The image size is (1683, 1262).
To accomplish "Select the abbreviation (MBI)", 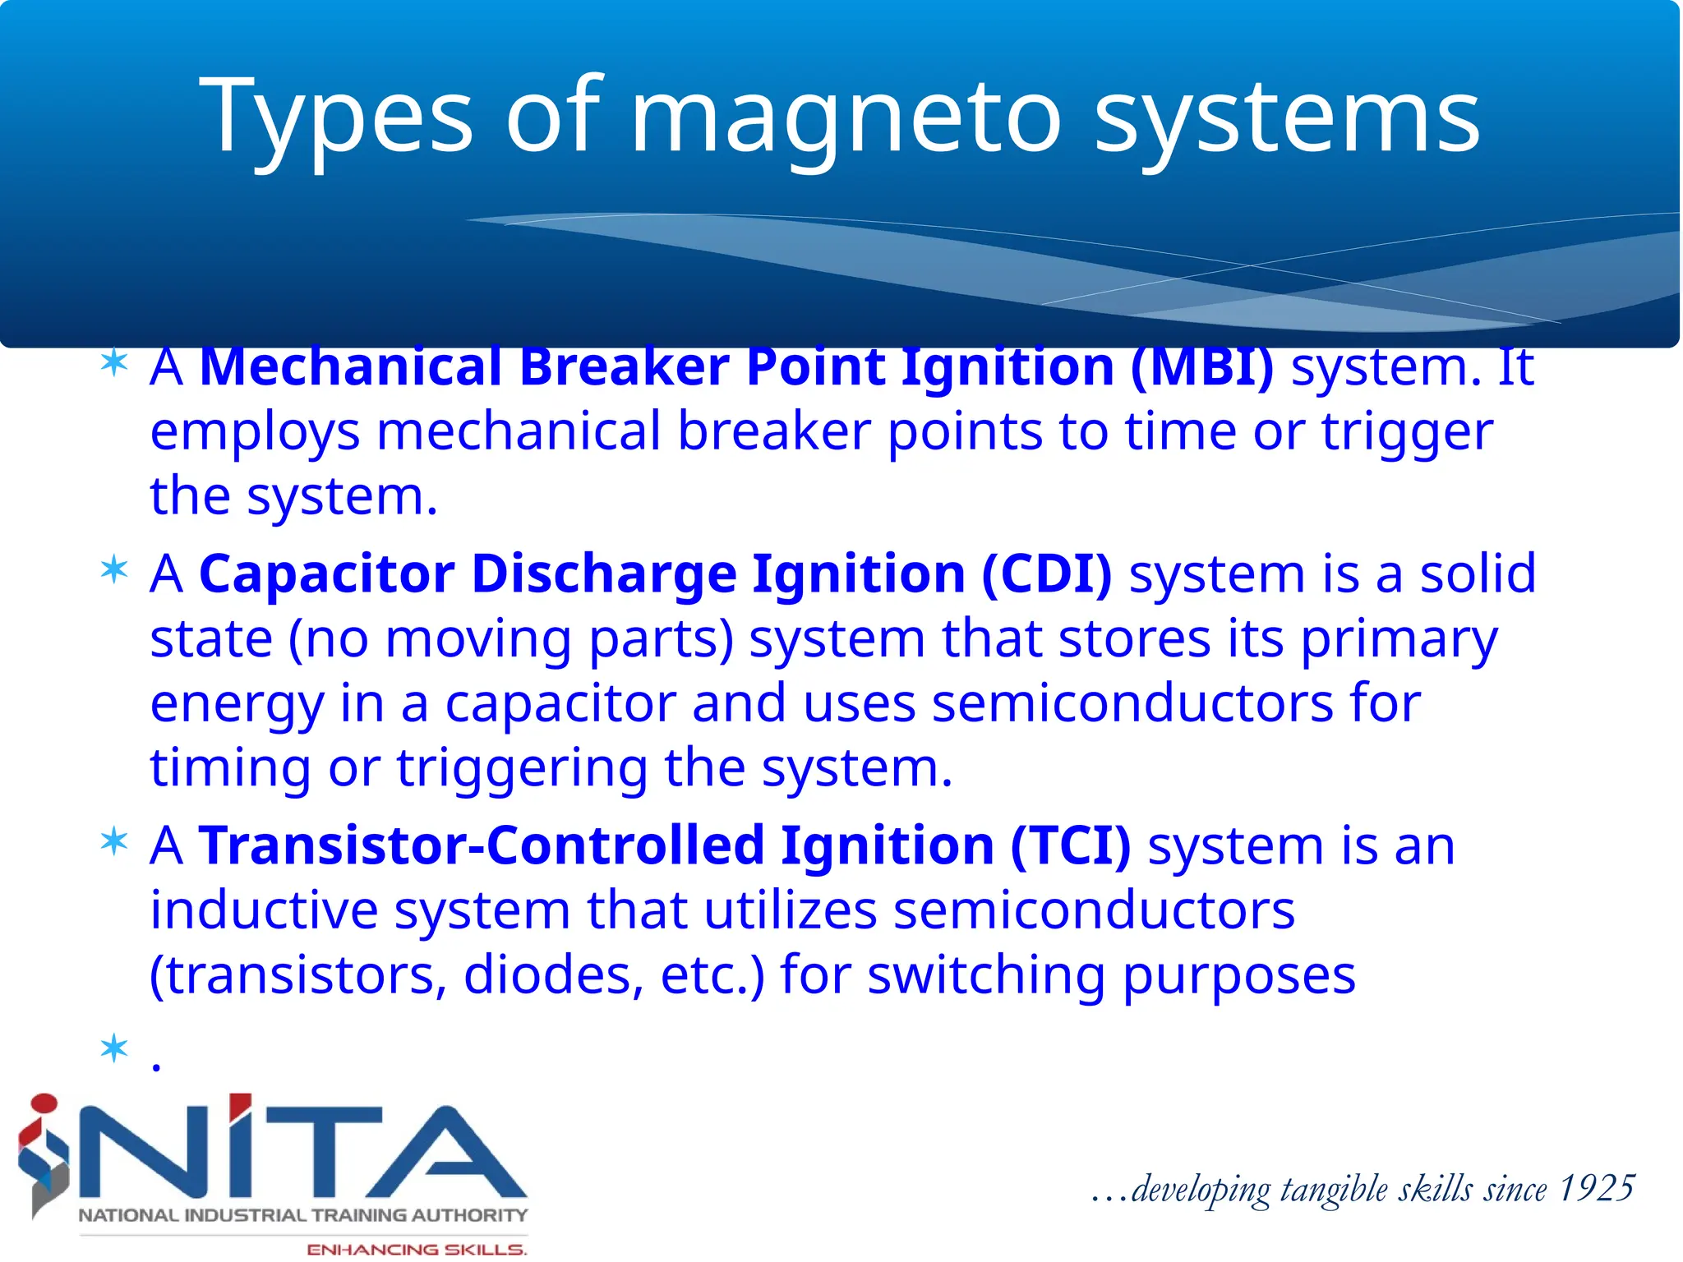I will coord(1201,367).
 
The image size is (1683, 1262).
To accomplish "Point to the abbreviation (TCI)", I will coord(1070,846).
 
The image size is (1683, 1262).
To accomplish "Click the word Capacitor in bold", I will coord(326,573).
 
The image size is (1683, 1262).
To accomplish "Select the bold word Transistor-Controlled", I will coord(482,846).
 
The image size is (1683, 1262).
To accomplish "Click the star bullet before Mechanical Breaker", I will coord(114,364).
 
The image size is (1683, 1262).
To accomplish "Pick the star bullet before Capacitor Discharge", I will coord(114,569).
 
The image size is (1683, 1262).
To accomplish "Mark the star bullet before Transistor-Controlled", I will coord(114,842).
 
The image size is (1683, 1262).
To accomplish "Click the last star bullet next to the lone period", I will coord(114,1049).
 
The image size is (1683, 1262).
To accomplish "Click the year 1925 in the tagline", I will coord(1596,1189).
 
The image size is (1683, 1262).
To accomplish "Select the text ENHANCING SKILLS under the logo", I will coord(416,1250).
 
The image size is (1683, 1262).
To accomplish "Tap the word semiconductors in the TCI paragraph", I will coord(1094,911).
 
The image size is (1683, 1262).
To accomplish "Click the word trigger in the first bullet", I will coord(1407,432).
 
